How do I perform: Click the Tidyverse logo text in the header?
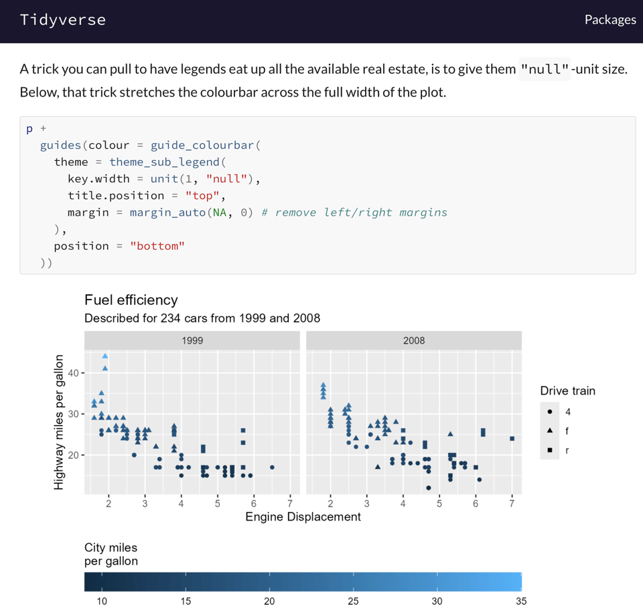point(62,19)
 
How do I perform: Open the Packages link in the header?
point(610,19)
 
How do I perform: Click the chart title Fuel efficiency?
point(131,300)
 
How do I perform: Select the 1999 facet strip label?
point(192,340)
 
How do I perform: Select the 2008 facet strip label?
point(414,340)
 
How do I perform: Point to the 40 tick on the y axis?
point(72,373)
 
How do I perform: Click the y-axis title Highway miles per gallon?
point(60,421)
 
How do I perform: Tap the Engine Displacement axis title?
point(303,517)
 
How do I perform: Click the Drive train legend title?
point(567,391)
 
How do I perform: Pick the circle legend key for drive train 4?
point(549,411)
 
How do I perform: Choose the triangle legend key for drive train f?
point(549,431)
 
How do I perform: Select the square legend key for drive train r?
point(549,450)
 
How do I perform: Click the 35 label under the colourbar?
point(521,601)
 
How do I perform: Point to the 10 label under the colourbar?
point(102,601)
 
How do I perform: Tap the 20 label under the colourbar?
point(269,601)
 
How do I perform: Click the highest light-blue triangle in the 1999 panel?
point(105,356)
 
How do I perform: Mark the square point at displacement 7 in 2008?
point(512,439)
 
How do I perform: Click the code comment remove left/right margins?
point(354,212)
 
